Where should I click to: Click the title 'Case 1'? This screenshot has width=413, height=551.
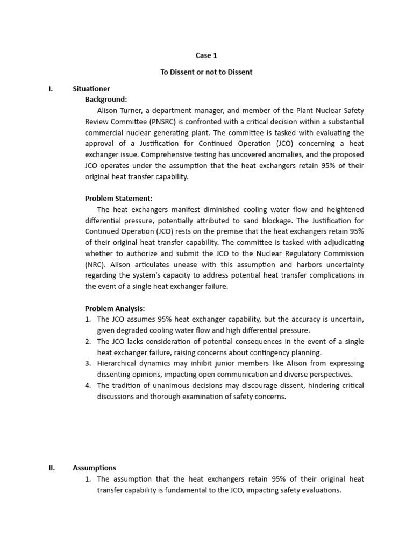pos(206,55)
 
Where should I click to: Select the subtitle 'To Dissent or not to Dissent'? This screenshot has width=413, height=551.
pos(206,72)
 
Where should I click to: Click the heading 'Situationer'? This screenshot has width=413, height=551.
pos(91,89)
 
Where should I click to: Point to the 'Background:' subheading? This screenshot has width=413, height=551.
pos(106,100)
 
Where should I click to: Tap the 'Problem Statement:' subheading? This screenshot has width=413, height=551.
pos(119,199)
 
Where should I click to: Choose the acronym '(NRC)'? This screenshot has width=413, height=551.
pos(95,265)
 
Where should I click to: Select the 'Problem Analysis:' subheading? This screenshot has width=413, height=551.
pos(115,308)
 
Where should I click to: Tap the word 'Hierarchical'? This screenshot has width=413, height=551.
pos(118,364)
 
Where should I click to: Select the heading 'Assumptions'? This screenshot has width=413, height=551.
pos(94,468)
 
